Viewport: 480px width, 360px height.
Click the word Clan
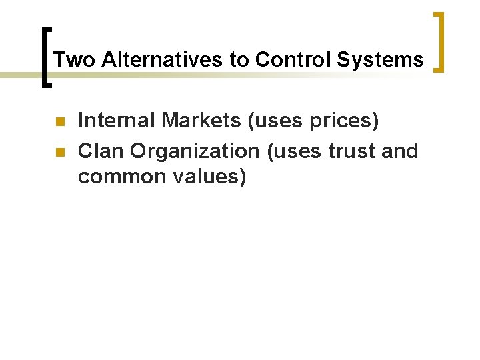click(x=101, y=151)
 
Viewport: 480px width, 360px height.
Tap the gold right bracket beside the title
click(x=439, y=41)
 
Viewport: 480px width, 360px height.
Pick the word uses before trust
click(x=293, y=152)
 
